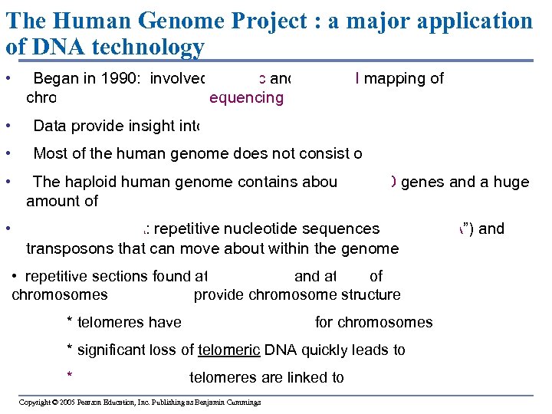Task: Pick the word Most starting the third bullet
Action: coord(49,153)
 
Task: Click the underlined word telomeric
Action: coord(228,350)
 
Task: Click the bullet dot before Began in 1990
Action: coord(6,78)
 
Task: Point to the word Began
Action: coord(53,78)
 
